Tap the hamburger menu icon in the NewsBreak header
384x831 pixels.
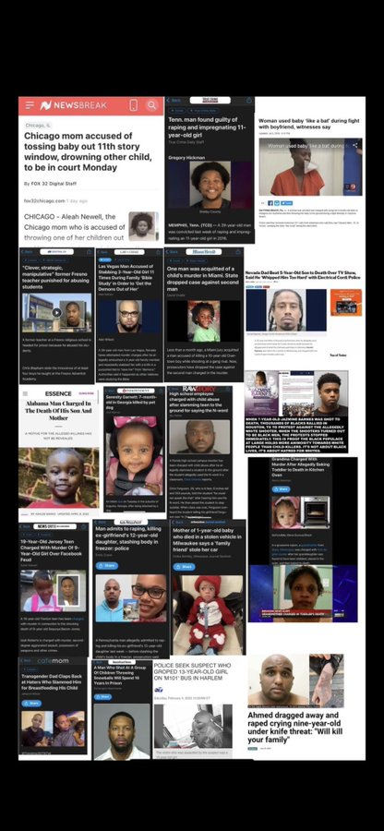[x=30, y=105]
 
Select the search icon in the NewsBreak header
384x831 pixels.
[x=150, y=105]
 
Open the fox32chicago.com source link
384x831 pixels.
[x=43, y=200]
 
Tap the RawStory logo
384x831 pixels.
[x=198, y=389]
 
